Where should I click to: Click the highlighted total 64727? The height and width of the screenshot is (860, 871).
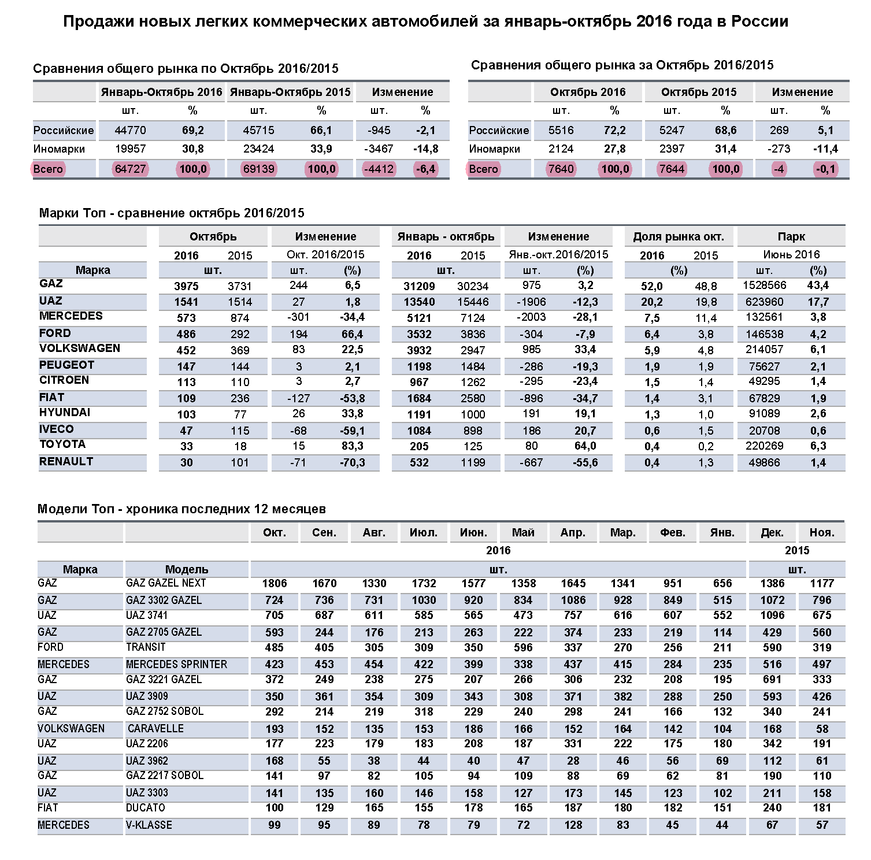(x=131, y=169)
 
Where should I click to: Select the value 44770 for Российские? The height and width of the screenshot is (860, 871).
(x=131, y=131)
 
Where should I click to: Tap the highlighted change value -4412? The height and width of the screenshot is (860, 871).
(x=379, y=169)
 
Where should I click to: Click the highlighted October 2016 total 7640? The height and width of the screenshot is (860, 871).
(x=561, y=169)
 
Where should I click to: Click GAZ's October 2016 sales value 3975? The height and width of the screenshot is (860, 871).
(x=186, y=286)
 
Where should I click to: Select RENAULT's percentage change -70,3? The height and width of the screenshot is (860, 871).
(x=353, y=463)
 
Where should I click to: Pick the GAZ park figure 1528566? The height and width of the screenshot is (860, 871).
(x=764, y=286)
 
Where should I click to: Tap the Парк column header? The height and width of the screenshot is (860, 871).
(x=791, y=237)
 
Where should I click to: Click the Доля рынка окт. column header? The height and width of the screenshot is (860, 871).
(x=679, y=237)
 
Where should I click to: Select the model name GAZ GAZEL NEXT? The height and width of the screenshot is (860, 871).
(x=166, y=583)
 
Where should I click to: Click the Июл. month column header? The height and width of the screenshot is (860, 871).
(x=424, y=533)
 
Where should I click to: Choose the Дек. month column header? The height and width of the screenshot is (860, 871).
(x=772, y=533)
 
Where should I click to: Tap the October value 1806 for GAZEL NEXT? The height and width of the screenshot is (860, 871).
(x=275, y=584)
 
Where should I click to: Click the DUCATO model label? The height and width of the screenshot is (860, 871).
(x=146, y=808)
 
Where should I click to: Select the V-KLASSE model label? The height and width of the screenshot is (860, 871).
(x=149, y=825)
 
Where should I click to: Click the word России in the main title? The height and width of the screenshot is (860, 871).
(x=760, y=22)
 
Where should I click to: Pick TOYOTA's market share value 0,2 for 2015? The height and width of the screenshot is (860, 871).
(x=706, y=447)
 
